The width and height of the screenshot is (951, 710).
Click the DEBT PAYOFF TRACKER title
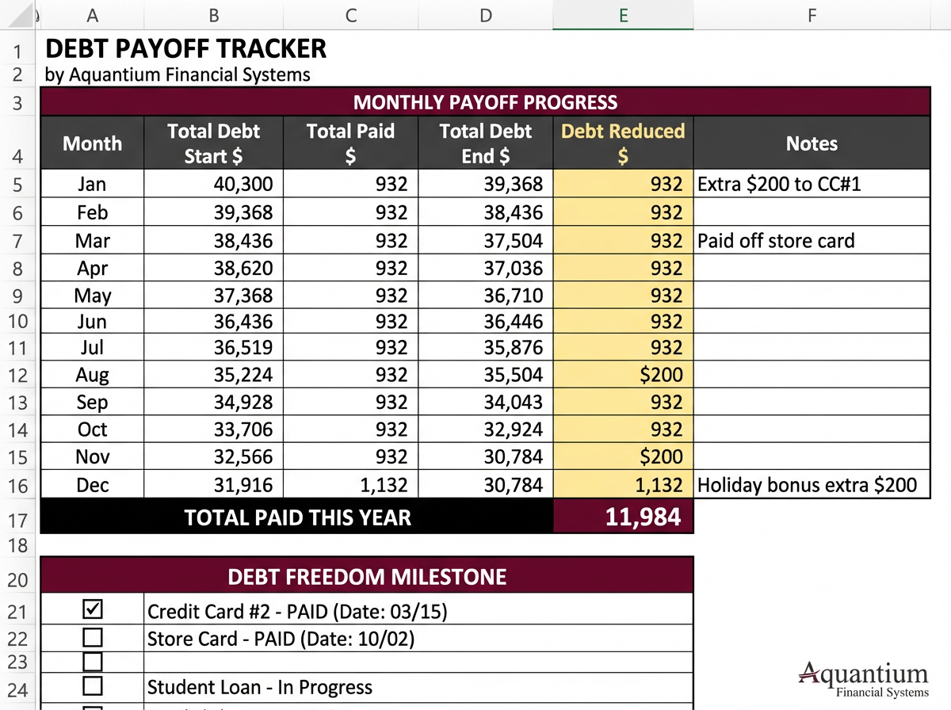pos(185,48)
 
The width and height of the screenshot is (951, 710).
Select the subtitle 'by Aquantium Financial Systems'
pos(178,75)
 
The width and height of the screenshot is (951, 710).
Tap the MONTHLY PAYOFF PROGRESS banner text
pos(484,102)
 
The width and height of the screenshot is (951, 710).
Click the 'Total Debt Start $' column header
pos(213,143)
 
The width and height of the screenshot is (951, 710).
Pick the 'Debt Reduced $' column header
pos(623,143)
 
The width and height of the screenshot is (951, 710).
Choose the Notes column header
pos(812,143)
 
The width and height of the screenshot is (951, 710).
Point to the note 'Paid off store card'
pos(776,241)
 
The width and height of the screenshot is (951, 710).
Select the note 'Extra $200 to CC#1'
pos(779,185)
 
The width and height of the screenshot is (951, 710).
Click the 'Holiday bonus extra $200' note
pos(807,485)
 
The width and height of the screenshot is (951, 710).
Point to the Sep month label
pos(92,403)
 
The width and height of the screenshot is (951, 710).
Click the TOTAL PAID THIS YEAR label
pos(297,518)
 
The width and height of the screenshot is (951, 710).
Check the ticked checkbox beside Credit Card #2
pos(93,609)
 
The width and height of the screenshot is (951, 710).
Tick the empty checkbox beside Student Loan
pos(93,685)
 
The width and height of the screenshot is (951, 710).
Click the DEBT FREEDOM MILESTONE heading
pos(366,576)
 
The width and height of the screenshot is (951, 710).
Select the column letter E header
pos(623,15)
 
